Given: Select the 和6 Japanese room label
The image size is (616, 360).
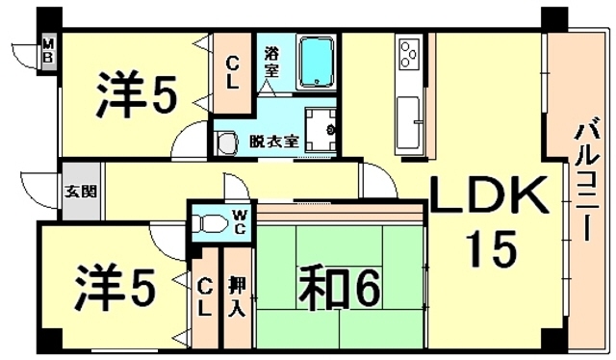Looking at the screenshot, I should pyautogui.click(x=344, y=286).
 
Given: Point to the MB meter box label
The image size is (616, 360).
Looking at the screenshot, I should pyautogui.click(x=45, y=52).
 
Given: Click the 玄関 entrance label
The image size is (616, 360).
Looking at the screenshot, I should pyautogui.click(x=81, y=190).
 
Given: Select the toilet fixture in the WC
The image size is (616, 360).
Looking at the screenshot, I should pyautogui.click(x=204, y=222).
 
